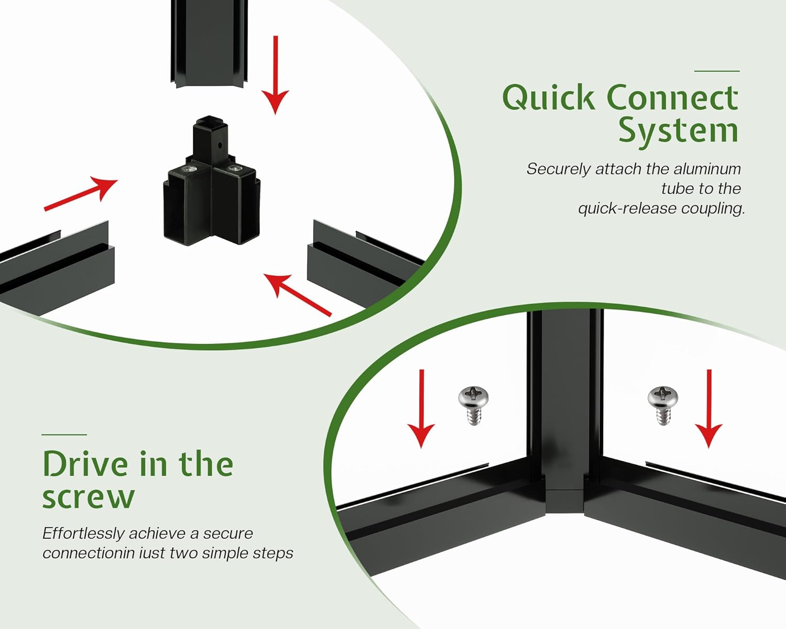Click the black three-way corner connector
click(x=211, y=183)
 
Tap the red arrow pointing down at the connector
click(x=276, y=75)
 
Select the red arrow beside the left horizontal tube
click(x=81, y=194)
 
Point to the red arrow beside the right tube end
click(x=297, y=295)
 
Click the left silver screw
click(x=473, y=405)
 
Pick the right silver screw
click(x=662, y=405)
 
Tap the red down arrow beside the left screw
click(x=421, y=409)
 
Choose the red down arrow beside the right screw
click(x=708, y=409)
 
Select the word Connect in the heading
click(x=672, y=97)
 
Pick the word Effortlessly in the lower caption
click(x=83, y=534)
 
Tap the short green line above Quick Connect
click(x=717, y=71)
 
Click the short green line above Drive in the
click(x=64, y=435)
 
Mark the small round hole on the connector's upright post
click(x=220, y=145)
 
